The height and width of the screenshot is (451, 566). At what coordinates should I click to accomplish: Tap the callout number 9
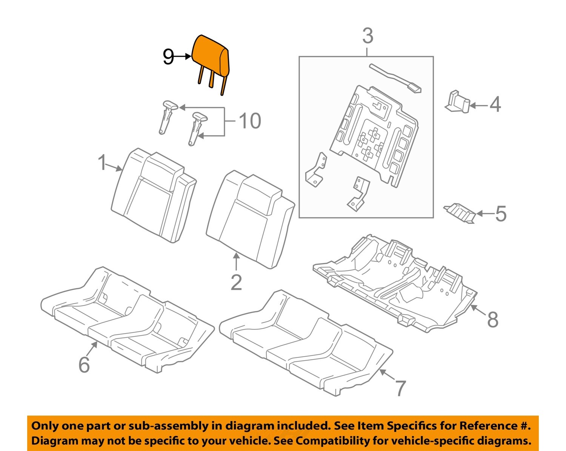[x=168, y=57]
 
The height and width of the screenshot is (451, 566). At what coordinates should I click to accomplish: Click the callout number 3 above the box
[x=368, y=36]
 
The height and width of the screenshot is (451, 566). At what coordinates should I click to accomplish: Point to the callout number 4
[x=495, y=104]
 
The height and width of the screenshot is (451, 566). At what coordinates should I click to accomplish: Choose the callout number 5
[x=500, y=214]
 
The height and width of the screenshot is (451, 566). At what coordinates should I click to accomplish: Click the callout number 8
[x=493, y=320]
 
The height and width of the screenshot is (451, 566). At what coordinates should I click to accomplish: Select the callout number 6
[x=84, y=364]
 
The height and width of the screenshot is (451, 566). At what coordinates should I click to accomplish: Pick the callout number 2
[x=236, y=282]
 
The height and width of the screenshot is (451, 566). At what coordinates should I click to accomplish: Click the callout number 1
[x=102, y=163]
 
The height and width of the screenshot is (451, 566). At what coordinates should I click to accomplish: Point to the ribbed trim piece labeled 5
[x=460, y=211]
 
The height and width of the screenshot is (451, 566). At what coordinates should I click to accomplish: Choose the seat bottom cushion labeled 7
[x=306, y=343]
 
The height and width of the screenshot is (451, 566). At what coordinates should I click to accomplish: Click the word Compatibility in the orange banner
[x=332, y=440]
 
